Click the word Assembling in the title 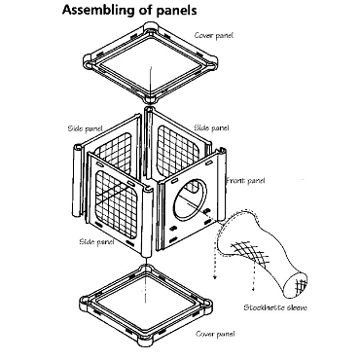tap(98, 10)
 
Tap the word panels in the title tap(177, 10)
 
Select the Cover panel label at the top tap(214, 35)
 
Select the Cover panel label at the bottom tap(215, 334)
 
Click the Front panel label tap(245, 180)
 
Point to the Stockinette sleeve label tap(275, 307)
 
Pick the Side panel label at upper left tap(85, 128)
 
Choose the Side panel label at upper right tap(211, 127)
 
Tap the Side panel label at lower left tap(96, 241)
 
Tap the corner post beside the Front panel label tap(221, 184)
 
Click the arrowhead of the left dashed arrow tap(214, 276)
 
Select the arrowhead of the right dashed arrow tap(253, 289)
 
